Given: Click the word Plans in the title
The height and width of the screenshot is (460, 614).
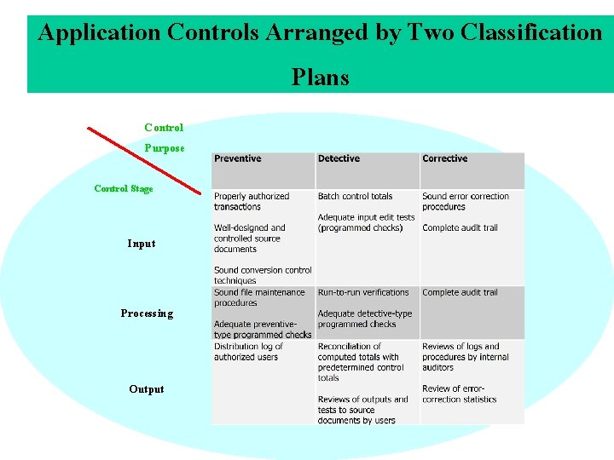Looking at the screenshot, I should pos(320,78).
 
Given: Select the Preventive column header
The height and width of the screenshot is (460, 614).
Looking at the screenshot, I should pos(238,158).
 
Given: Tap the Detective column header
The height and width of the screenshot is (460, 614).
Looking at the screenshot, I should pos(339,158).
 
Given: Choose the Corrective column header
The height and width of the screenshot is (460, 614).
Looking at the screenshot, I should pos(444,158).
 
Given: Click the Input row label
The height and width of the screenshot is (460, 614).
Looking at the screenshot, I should pos(142,244).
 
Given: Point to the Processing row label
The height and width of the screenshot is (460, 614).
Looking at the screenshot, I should pos(147,313).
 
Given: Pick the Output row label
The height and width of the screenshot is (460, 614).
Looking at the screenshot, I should pos(147,389).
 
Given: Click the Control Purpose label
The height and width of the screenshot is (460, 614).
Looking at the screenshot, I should pos(164,138).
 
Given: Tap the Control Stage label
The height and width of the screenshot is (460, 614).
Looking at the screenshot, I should pos(124,188).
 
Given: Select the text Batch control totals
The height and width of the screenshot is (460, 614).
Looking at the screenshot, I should pos(355,196).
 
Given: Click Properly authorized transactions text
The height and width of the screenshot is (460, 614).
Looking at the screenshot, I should pos(251,201).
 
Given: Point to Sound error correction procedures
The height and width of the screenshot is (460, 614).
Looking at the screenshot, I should pos(465,201).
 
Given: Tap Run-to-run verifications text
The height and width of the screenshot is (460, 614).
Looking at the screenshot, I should pos(363,292).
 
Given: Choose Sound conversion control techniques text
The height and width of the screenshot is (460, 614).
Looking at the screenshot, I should pos(263,275).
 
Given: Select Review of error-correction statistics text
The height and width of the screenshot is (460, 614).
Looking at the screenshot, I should pos(459,394).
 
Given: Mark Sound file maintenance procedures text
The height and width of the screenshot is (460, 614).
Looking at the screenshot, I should pos(258,297).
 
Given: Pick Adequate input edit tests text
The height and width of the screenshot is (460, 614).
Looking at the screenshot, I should pos(366,222).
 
